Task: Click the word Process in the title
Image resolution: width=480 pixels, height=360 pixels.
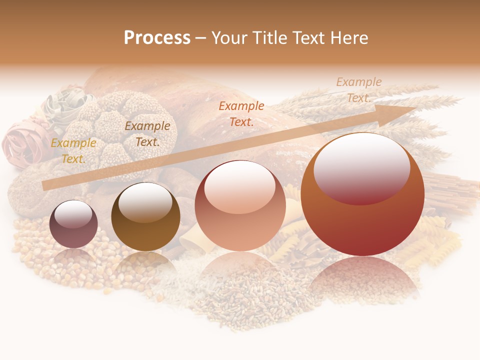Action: pyautogui.click(x=157, y=37)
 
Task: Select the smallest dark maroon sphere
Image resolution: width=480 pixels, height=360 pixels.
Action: pyautogui.click(x=73, y=224)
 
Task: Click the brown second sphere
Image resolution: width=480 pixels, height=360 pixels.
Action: pyautogui.click(x=145, y=216)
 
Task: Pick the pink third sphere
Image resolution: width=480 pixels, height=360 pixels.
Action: pyautogui.click(x=240, y=206)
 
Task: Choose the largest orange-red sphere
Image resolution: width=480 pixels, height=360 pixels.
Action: pyautogui.click(x=362, y=195)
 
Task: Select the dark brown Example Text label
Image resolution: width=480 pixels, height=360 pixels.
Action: pyautogui.click(x=147, y=133)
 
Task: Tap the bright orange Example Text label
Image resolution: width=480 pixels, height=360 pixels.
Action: pyautogui.click(x=241, y=113)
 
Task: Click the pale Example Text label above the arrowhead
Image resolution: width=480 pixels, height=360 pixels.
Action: pyautogui.click(x=359, y=90)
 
